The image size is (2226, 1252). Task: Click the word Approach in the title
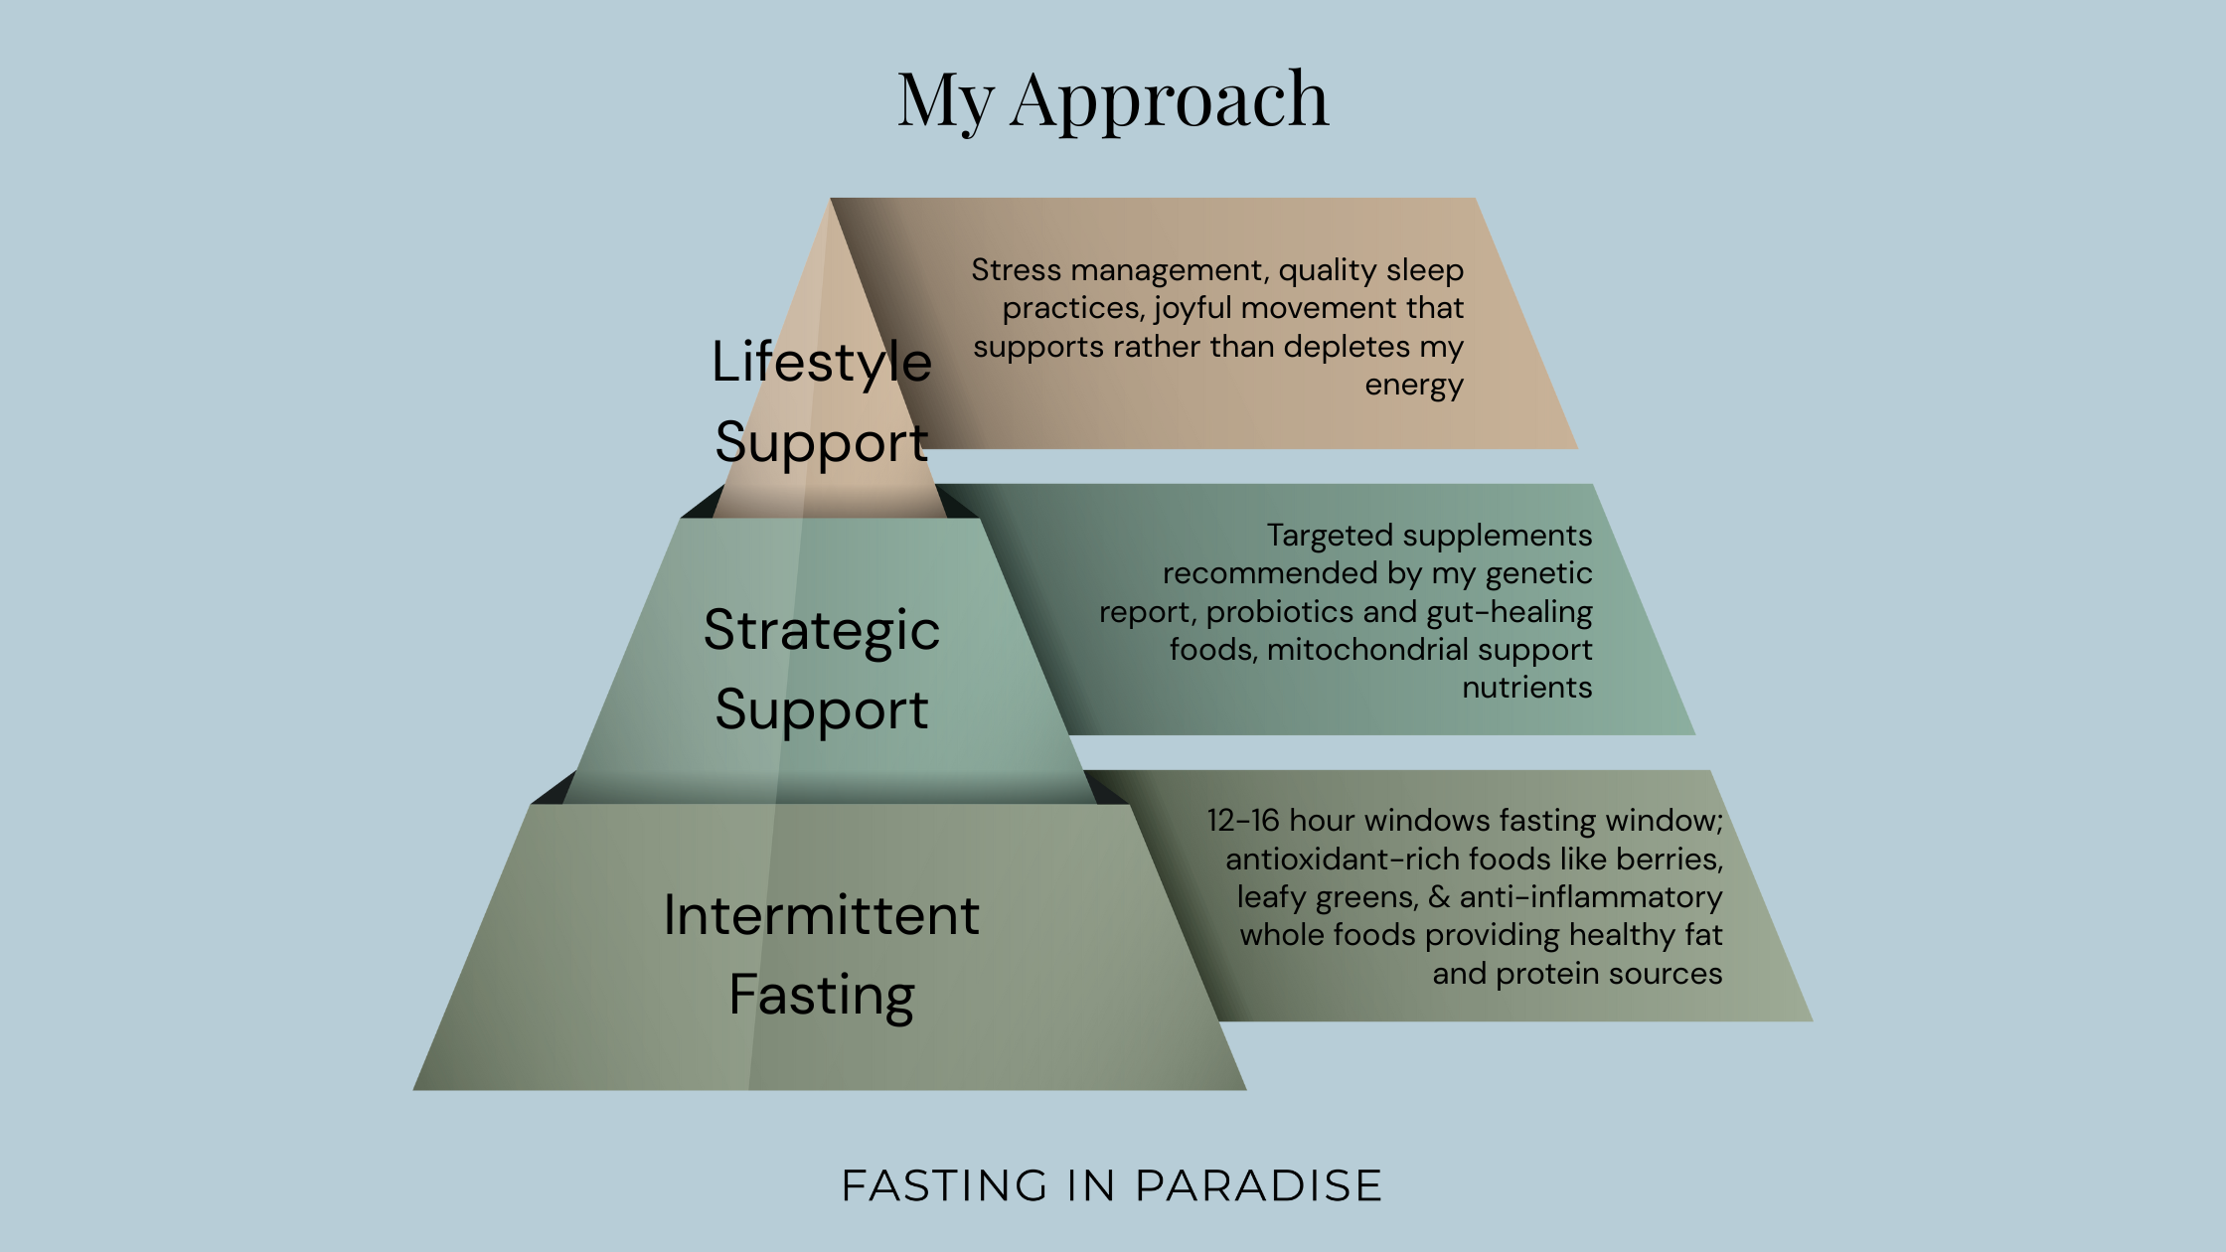pos(1170,99)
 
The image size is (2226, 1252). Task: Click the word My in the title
pos(945,99)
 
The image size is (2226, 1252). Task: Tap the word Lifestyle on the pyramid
pos(822,362)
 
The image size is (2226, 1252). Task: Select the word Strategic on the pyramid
pos(822,630)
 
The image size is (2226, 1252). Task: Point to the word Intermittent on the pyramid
pos(822,915)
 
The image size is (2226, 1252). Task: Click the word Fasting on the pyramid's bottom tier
pos(822,995)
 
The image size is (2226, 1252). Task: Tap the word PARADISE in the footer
pos(1258,1185)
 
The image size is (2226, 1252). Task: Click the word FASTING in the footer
pos(945,1185)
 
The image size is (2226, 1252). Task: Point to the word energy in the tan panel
pos(1413,385)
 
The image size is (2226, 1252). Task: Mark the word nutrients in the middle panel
pos(1526,688)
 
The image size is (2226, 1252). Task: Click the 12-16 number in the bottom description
pos(1243,821)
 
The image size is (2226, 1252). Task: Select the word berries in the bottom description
pos(1671,860)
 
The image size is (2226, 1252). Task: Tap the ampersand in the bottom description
pos(1439,897)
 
